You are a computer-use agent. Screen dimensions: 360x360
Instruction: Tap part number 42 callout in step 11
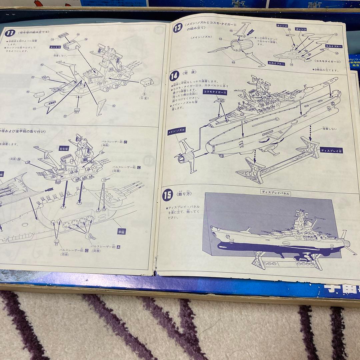coord(114,106)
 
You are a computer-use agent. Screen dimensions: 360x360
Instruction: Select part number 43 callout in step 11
coord(42,65)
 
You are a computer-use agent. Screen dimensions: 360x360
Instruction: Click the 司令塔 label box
coord(64,148)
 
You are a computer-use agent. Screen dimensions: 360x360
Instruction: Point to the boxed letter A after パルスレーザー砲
coord(119,246)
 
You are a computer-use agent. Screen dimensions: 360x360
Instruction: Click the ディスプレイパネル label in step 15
coord(275,193)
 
